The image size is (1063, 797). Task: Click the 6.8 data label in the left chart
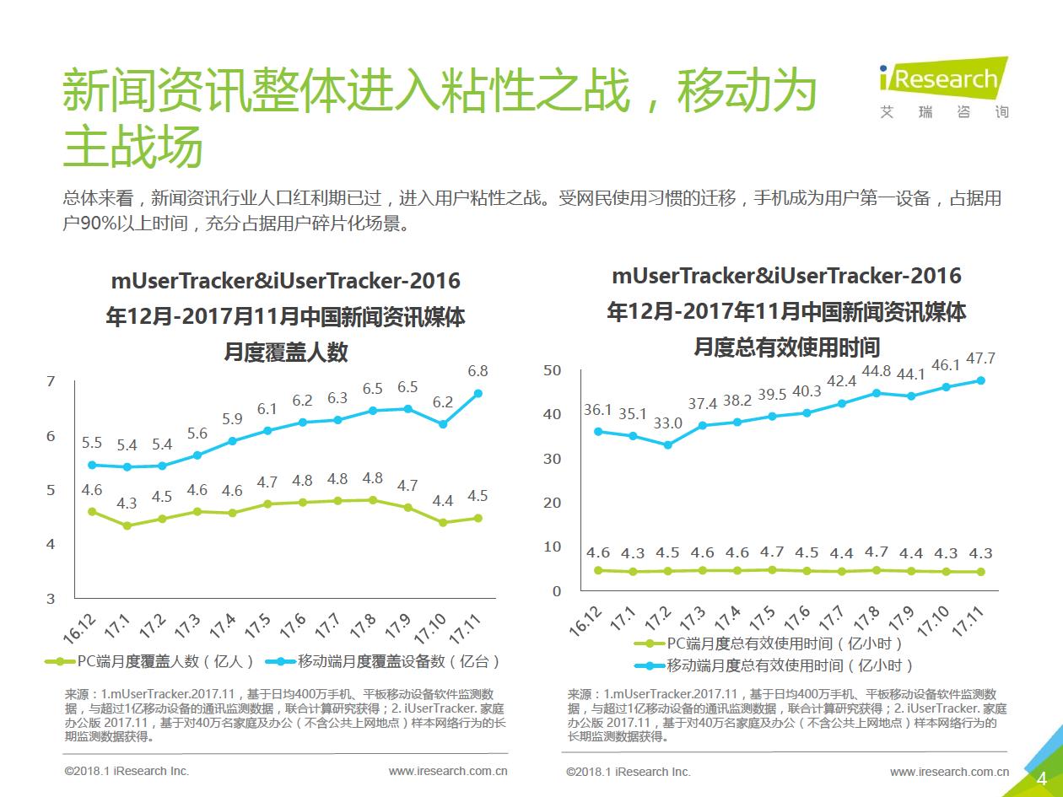click(x=478, y=371)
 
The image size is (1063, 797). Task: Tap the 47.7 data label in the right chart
click(x=979, y=359)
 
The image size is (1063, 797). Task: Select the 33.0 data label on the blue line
click(x=667, y=423)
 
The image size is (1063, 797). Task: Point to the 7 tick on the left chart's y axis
click(x=51, y=382)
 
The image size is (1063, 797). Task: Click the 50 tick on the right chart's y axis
click(x=553, y=370)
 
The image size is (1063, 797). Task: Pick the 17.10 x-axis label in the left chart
click(x=435, y=628)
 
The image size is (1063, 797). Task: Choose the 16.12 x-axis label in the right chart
click(x=587, y=621)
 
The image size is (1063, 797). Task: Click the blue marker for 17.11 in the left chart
click(x=478, y=393)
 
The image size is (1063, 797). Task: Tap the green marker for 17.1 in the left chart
click(x=127, y=525)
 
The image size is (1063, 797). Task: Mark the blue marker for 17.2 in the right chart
click(x=667, y=444)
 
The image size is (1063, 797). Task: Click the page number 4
click(x=1041, y=778)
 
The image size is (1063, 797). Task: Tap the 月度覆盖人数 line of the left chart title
click(x=285, y=352)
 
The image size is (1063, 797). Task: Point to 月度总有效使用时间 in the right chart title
click(x=786, y=347)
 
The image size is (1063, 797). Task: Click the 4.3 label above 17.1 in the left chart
click(x=127, y=504)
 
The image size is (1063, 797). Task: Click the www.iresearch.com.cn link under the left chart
click(x=447, y=771)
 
